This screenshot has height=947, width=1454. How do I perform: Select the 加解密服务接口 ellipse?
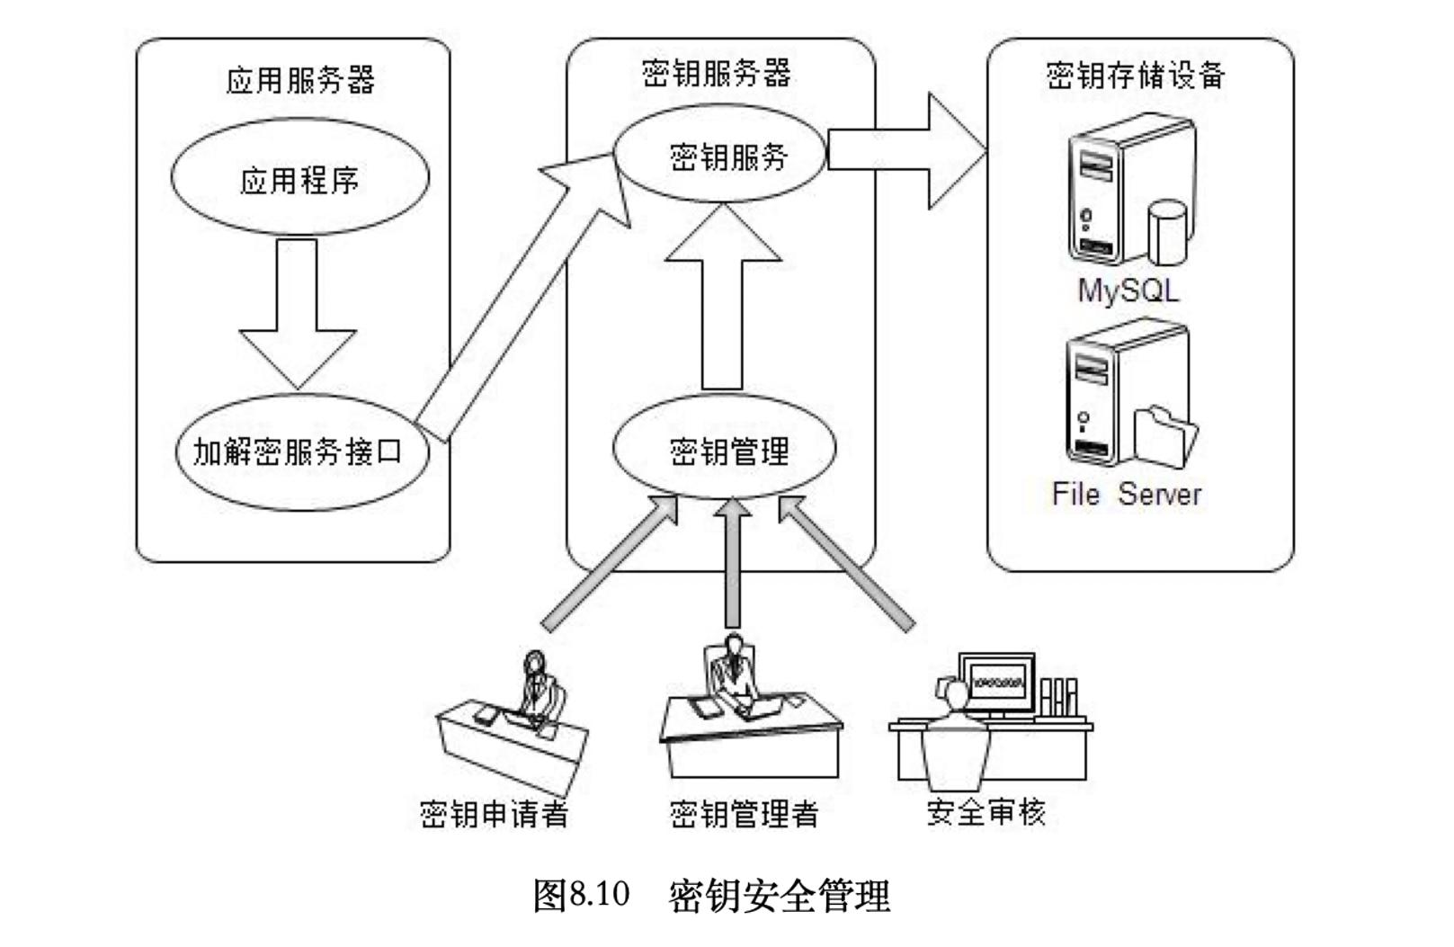[299, 452]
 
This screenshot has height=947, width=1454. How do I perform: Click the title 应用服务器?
[300, 81]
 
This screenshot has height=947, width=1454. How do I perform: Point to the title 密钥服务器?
[716, 73]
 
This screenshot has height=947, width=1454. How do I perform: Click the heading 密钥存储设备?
[1136, 75]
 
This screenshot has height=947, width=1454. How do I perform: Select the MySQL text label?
[1128, 290]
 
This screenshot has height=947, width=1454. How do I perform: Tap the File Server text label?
[1127, 493]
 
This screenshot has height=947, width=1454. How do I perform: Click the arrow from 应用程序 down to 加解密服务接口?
[298, 310]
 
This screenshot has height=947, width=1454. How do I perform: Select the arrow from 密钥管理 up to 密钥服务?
[722, 297]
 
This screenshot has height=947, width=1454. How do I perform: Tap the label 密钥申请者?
[495, 814]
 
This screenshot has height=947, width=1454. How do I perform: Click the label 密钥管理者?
[744, 814]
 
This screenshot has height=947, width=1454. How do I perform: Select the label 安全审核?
[986, 812]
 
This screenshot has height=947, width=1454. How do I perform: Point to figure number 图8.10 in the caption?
[581, 895]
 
